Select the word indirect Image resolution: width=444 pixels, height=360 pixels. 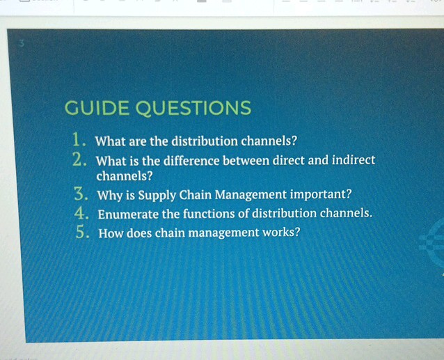coord(354,160)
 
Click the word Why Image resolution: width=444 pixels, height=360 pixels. coord(111,195)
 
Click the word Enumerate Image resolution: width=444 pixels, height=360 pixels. coord(129,214)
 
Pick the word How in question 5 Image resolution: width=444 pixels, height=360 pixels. coord(112,233)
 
